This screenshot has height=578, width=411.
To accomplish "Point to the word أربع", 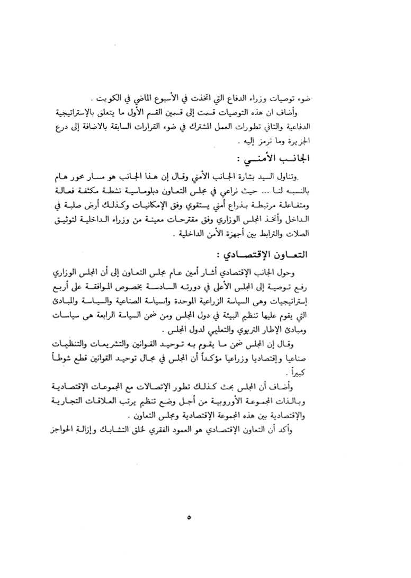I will [67, 287].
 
